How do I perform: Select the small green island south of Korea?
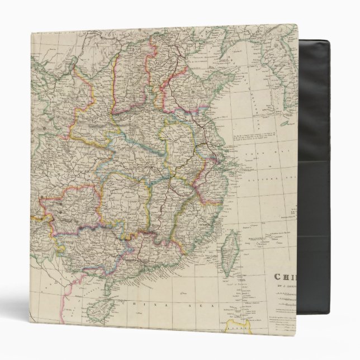point(287,122)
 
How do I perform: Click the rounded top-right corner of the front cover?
point(295,26)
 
